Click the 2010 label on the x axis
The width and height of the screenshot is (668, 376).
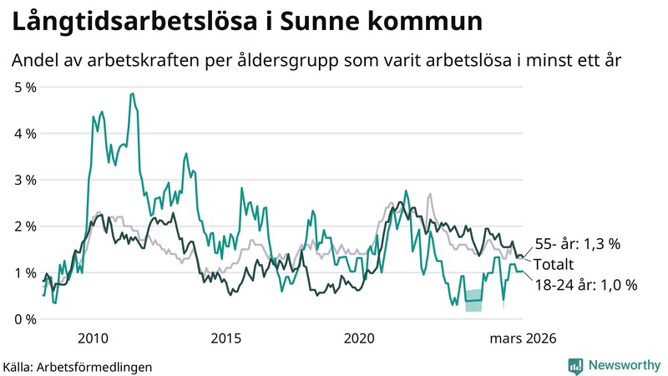93,338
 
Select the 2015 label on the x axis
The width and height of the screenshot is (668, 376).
226,338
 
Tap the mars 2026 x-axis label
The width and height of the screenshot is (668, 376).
522,338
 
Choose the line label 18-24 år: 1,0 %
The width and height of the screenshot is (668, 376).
585,285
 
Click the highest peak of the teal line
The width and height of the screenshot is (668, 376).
132,94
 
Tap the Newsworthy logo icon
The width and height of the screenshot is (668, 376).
575,365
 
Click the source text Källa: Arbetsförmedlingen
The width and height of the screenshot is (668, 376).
78,366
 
